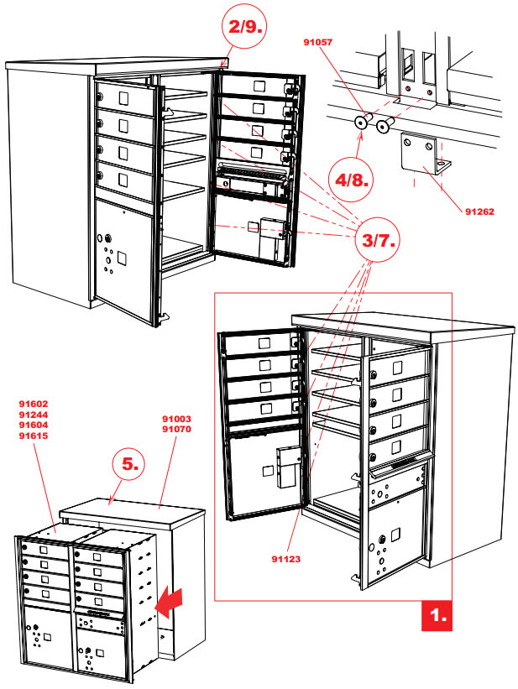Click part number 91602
click(34, 403)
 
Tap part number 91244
click(34, 414)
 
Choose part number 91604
click(34, 425)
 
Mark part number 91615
click(34, 436)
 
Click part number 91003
click(177, 418)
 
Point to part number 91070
click(177, 429)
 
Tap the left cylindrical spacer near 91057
click(362, 123)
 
